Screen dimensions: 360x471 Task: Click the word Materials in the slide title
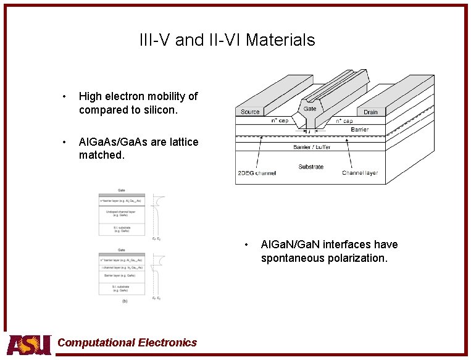[x=281, y=40]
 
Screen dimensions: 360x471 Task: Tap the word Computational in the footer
[x=95, y=343]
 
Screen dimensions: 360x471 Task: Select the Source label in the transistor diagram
[x=251, y=112]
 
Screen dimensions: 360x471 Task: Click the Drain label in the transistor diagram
[x=370, y=112]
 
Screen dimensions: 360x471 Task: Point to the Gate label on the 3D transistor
[x=310, y=109]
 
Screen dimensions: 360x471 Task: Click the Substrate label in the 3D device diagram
[x=311, y=167]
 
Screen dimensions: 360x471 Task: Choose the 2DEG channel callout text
[x=257, y=173]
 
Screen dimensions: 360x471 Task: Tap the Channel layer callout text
[x=360, y=173]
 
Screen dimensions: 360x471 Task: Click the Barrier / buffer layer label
[x=311, y=147]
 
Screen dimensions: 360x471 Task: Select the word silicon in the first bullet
[x=160, y=111]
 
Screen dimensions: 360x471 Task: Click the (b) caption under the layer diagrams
[x=125, y=301]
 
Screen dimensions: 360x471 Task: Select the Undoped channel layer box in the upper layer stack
[x=122, y=214]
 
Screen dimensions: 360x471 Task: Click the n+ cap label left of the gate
[x=280, y=120]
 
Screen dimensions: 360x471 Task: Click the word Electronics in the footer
[x=167, y=343]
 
